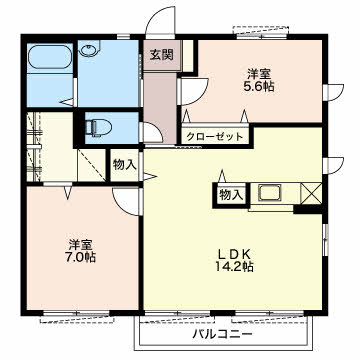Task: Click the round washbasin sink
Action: [90, 53]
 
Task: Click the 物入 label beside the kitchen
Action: [230, 194]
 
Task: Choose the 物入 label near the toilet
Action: [124, 165]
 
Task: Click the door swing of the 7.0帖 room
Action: [128, 200]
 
